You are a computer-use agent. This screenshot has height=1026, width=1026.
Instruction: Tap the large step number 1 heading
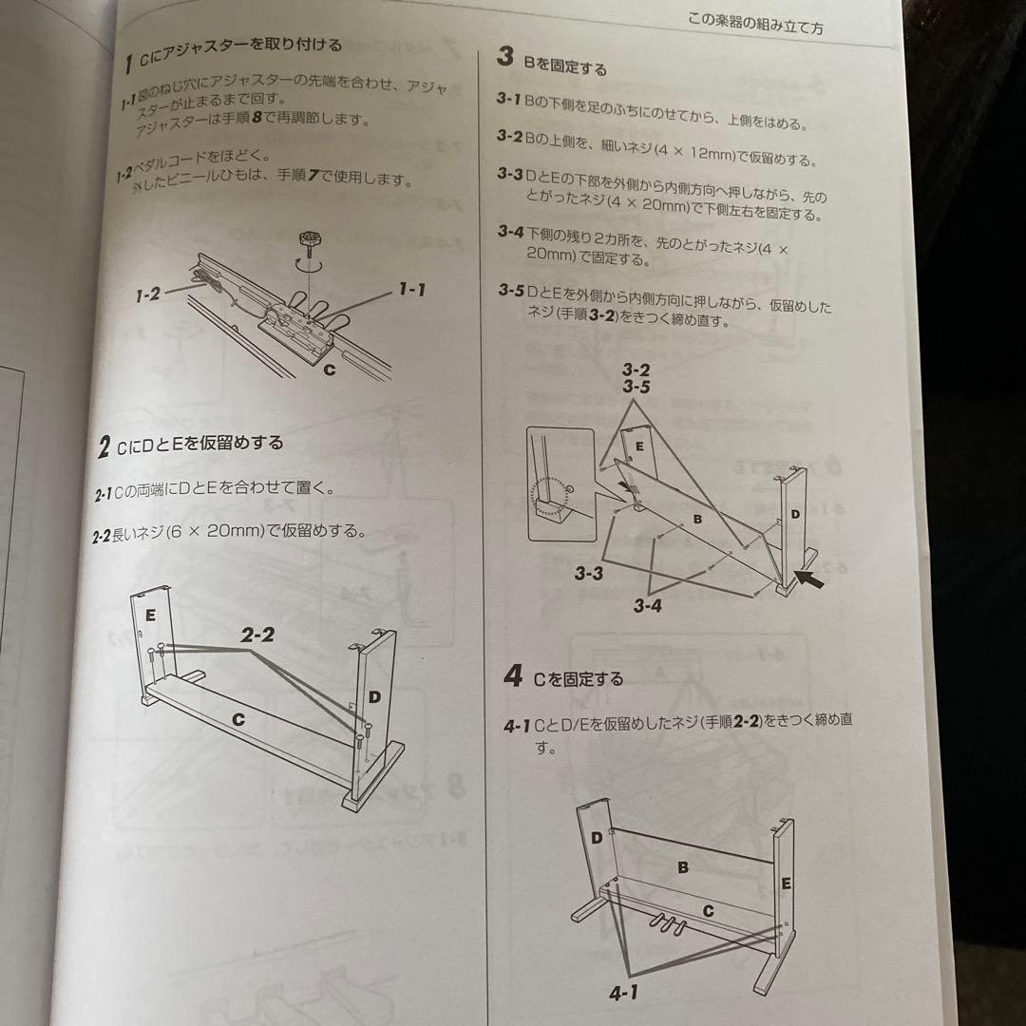coord(128,65)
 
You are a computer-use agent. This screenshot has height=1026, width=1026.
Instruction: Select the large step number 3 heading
coord(505,57)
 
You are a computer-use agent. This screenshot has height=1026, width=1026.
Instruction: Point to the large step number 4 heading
coord(513,677)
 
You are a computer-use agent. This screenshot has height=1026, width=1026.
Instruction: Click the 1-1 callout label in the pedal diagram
coord(411,289)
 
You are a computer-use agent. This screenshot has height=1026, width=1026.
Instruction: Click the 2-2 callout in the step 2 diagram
coord(256,636)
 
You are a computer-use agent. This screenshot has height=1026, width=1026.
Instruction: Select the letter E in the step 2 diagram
coord(150,616)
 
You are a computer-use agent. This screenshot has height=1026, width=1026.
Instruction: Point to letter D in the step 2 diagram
coord(374,697)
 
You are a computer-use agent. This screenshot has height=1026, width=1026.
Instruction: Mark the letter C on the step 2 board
coord(237,720)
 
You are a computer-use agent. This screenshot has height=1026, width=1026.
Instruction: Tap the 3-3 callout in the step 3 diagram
coord(589,574)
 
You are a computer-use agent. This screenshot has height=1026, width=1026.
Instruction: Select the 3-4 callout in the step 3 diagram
coord(647,606)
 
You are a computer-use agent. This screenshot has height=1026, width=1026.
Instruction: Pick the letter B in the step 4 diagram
coord(682,867)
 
